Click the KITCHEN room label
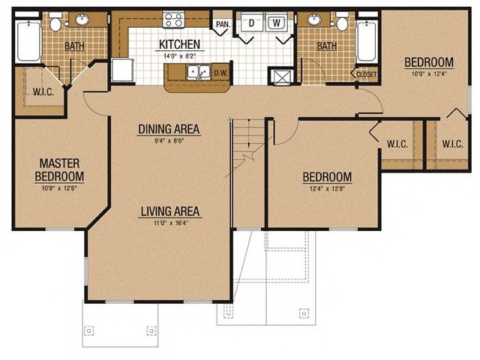pyautogui.click(x=180, y=44)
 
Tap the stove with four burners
pyautogui.click(x=173, y=19)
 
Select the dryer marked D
pyautogui.click(x=252, y=22)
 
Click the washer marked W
pyautogui.click(x=277, y=22)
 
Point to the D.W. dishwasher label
pyautogui.click(x=220, y=73)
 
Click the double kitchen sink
pyautogui.click(x=199, y=73)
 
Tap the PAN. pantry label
pyautogui.click(x=223, y=24)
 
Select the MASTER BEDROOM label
pyautogui.click(x=59, y=170)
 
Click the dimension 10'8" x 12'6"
pyautogui.click(x=59, y=188)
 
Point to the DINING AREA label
pyautogui.click(x=169, y=129)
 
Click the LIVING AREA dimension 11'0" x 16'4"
pyautogui.click(x=170, y=223)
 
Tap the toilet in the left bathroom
pyautogui.click(x=55, y=22)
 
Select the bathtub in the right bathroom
pyautogui.click(x=367, y=42)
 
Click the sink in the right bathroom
pyautogui.click(x=313, y=19)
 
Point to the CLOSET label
pyautogui.click(x=367, y=74)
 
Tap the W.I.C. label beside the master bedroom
pyautogui.click(x=43, y=91)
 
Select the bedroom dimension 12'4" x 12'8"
pyautogui.click(x=327, y=188)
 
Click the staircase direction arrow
pyautogui.click(x=249, y=133)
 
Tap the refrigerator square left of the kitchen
pyautogui.click(x=122, y=70)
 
